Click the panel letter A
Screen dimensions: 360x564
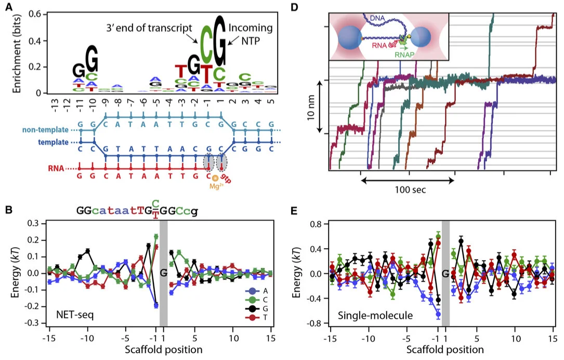coord(8,7)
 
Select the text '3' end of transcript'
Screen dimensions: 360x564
coord(159,28)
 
